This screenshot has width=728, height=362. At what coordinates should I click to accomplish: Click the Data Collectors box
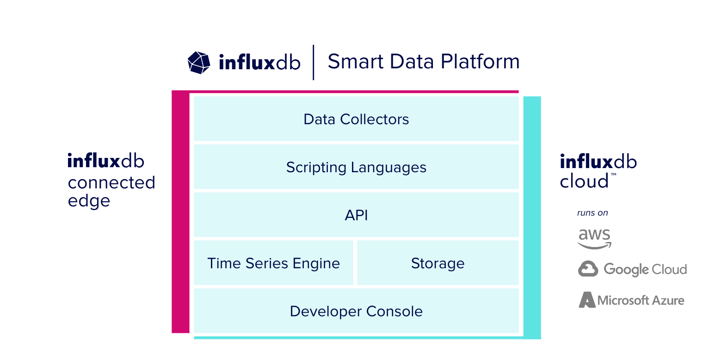tap(356, 119)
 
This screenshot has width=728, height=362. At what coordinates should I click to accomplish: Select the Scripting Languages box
tap(356, 167)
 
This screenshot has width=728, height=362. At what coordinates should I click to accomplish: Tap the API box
tap(356, 215)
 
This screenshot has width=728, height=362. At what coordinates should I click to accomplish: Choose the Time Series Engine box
tap(274, 263)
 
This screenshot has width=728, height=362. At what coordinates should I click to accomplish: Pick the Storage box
tap(438, 263)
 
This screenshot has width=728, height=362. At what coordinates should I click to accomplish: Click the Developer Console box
tap(356, 311)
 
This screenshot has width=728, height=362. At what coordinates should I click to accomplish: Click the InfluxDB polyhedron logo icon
tap(199, 63)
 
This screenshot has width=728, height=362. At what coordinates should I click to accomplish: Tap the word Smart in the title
tap(356, 61)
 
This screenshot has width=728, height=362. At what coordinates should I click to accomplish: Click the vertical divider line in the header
tap(313, 62)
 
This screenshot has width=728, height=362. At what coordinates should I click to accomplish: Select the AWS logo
tap(594, 239)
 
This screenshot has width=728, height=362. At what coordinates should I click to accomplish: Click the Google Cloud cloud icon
tap(588, 269)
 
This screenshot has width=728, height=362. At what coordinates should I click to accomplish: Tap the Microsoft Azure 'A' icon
tap(587, 300)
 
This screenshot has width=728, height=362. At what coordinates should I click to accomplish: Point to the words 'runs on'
tap(592, 213)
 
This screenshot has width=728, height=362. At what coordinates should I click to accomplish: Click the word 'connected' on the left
tap(111, 183)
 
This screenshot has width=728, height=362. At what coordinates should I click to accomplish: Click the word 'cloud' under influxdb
tap(584, 181)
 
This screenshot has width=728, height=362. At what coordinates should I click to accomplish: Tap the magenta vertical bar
tap(180, 212)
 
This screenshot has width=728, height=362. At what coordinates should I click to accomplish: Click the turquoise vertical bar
tap(532, 217)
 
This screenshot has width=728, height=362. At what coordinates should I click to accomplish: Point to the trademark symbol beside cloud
tap(613, 175)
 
